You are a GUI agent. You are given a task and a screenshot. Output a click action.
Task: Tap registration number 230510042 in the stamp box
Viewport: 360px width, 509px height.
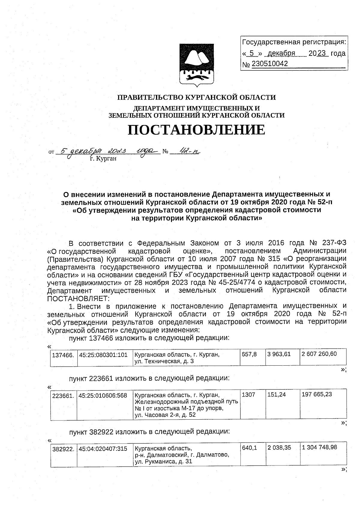pyautogui.click(x=270, y=64)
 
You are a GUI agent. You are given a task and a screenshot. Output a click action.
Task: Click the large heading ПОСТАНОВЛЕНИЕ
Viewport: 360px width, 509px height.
pyautogui.click(x=196, y=130)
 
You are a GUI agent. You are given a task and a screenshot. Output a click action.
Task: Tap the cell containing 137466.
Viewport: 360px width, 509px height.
pyautogui.click(x=63, y=355)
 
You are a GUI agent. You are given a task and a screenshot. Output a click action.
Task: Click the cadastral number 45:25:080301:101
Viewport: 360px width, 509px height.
pyautogui.click(x=103, y=355)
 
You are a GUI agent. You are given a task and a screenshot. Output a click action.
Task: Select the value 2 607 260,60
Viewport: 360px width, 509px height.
pyautogui.click(x=319, y=354)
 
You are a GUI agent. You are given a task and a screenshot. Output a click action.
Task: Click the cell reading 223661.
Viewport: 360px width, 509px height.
pyautogui.click(x=63, y=396)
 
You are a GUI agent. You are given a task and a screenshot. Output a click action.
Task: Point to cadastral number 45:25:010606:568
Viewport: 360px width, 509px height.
pyautogui.click(x=103, y=395)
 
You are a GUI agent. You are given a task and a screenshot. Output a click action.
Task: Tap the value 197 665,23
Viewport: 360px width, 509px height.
pyautogui.click(x=317, y=394)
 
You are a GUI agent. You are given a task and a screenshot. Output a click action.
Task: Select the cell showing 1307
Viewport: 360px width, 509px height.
pyautogui.click(x=248, y=395)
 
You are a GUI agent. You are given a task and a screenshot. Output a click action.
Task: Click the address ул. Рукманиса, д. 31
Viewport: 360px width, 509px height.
pyautogui.click(x=163, y=462)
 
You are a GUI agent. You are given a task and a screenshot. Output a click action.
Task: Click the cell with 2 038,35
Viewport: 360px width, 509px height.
pyautogui.click(x=279, y=448)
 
